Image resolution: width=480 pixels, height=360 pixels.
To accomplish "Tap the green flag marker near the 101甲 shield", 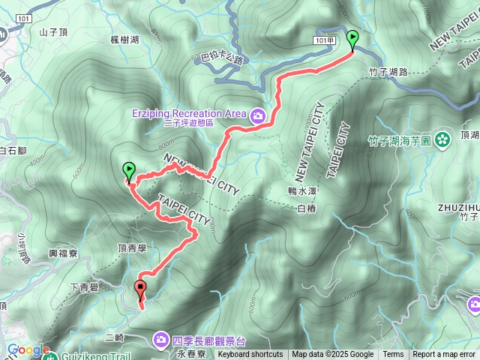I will (x=352, y=38).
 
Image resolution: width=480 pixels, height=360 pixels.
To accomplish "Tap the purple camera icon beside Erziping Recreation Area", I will (x=258, y=115).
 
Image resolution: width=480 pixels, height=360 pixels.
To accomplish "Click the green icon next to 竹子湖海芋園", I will (x=442, y=138).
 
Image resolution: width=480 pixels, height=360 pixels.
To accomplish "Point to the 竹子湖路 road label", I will (x=388, y=72).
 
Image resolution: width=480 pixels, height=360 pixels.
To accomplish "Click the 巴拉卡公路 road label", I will (x=223, y=58).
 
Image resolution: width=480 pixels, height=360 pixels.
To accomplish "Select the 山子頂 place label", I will (x=54, y=32).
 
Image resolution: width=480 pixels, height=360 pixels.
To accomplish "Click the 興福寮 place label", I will (x=63, y=254).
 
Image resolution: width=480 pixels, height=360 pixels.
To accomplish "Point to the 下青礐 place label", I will (x=84, y=286).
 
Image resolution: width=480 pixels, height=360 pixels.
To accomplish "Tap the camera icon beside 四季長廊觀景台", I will (x=161, y=340).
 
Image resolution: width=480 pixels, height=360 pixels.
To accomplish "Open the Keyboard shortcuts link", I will (x=250, y=354).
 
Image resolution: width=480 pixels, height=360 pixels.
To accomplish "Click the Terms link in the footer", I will (x=393, y=354).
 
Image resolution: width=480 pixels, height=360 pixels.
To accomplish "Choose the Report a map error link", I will (x=445, y=354).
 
